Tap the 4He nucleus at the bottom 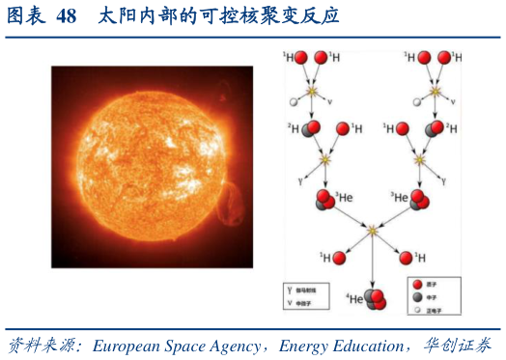click(375, 298)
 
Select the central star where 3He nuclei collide click(372, 230)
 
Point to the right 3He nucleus click(419, 201)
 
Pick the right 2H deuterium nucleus click(439, 128)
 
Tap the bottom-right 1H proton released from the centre click(405, 258)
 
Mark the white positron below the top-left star click(294, 101)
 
